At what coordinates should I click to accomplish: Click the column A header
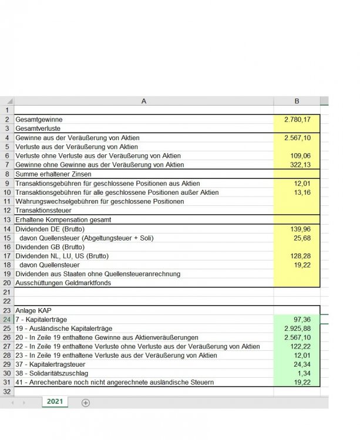tap(144, 101)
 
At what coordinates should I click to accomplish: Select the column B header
tap(297, 101)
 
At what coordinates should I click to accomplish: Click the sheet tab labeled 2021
tap(55, 402)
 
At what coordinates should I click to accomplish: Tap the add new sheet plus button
tap(86, 402)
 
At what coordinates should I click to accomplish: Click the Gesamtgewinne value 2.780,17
tap(297, 119)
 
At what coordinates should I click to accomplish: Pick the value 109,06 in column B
tap(302, 155)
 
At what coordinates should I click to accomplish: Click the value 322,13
tap(302, 165)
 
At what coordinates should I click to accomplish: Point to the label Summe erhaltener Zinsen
tap(53, 174)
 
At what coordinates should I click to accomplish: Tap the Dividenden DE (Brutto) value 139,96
tap(302, 228)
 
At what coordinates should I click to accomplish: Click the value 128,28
tap(302, 256)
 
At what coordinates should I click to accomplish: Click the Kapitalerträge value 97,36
tap(304, 319)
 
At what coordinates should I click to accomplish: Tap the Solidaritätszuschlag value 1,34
tap(306, 374)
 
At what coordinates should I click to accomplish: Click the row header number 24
tap(7, 319)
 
